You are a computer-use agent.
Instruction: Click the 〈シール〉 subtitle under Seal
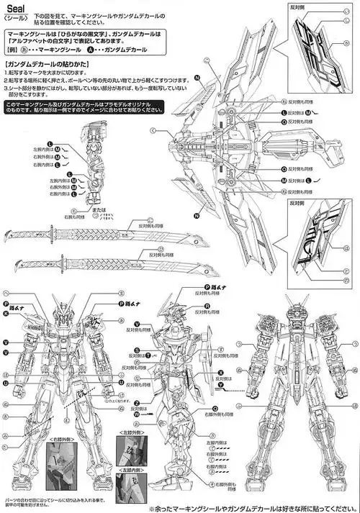(x=15, y=17)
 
